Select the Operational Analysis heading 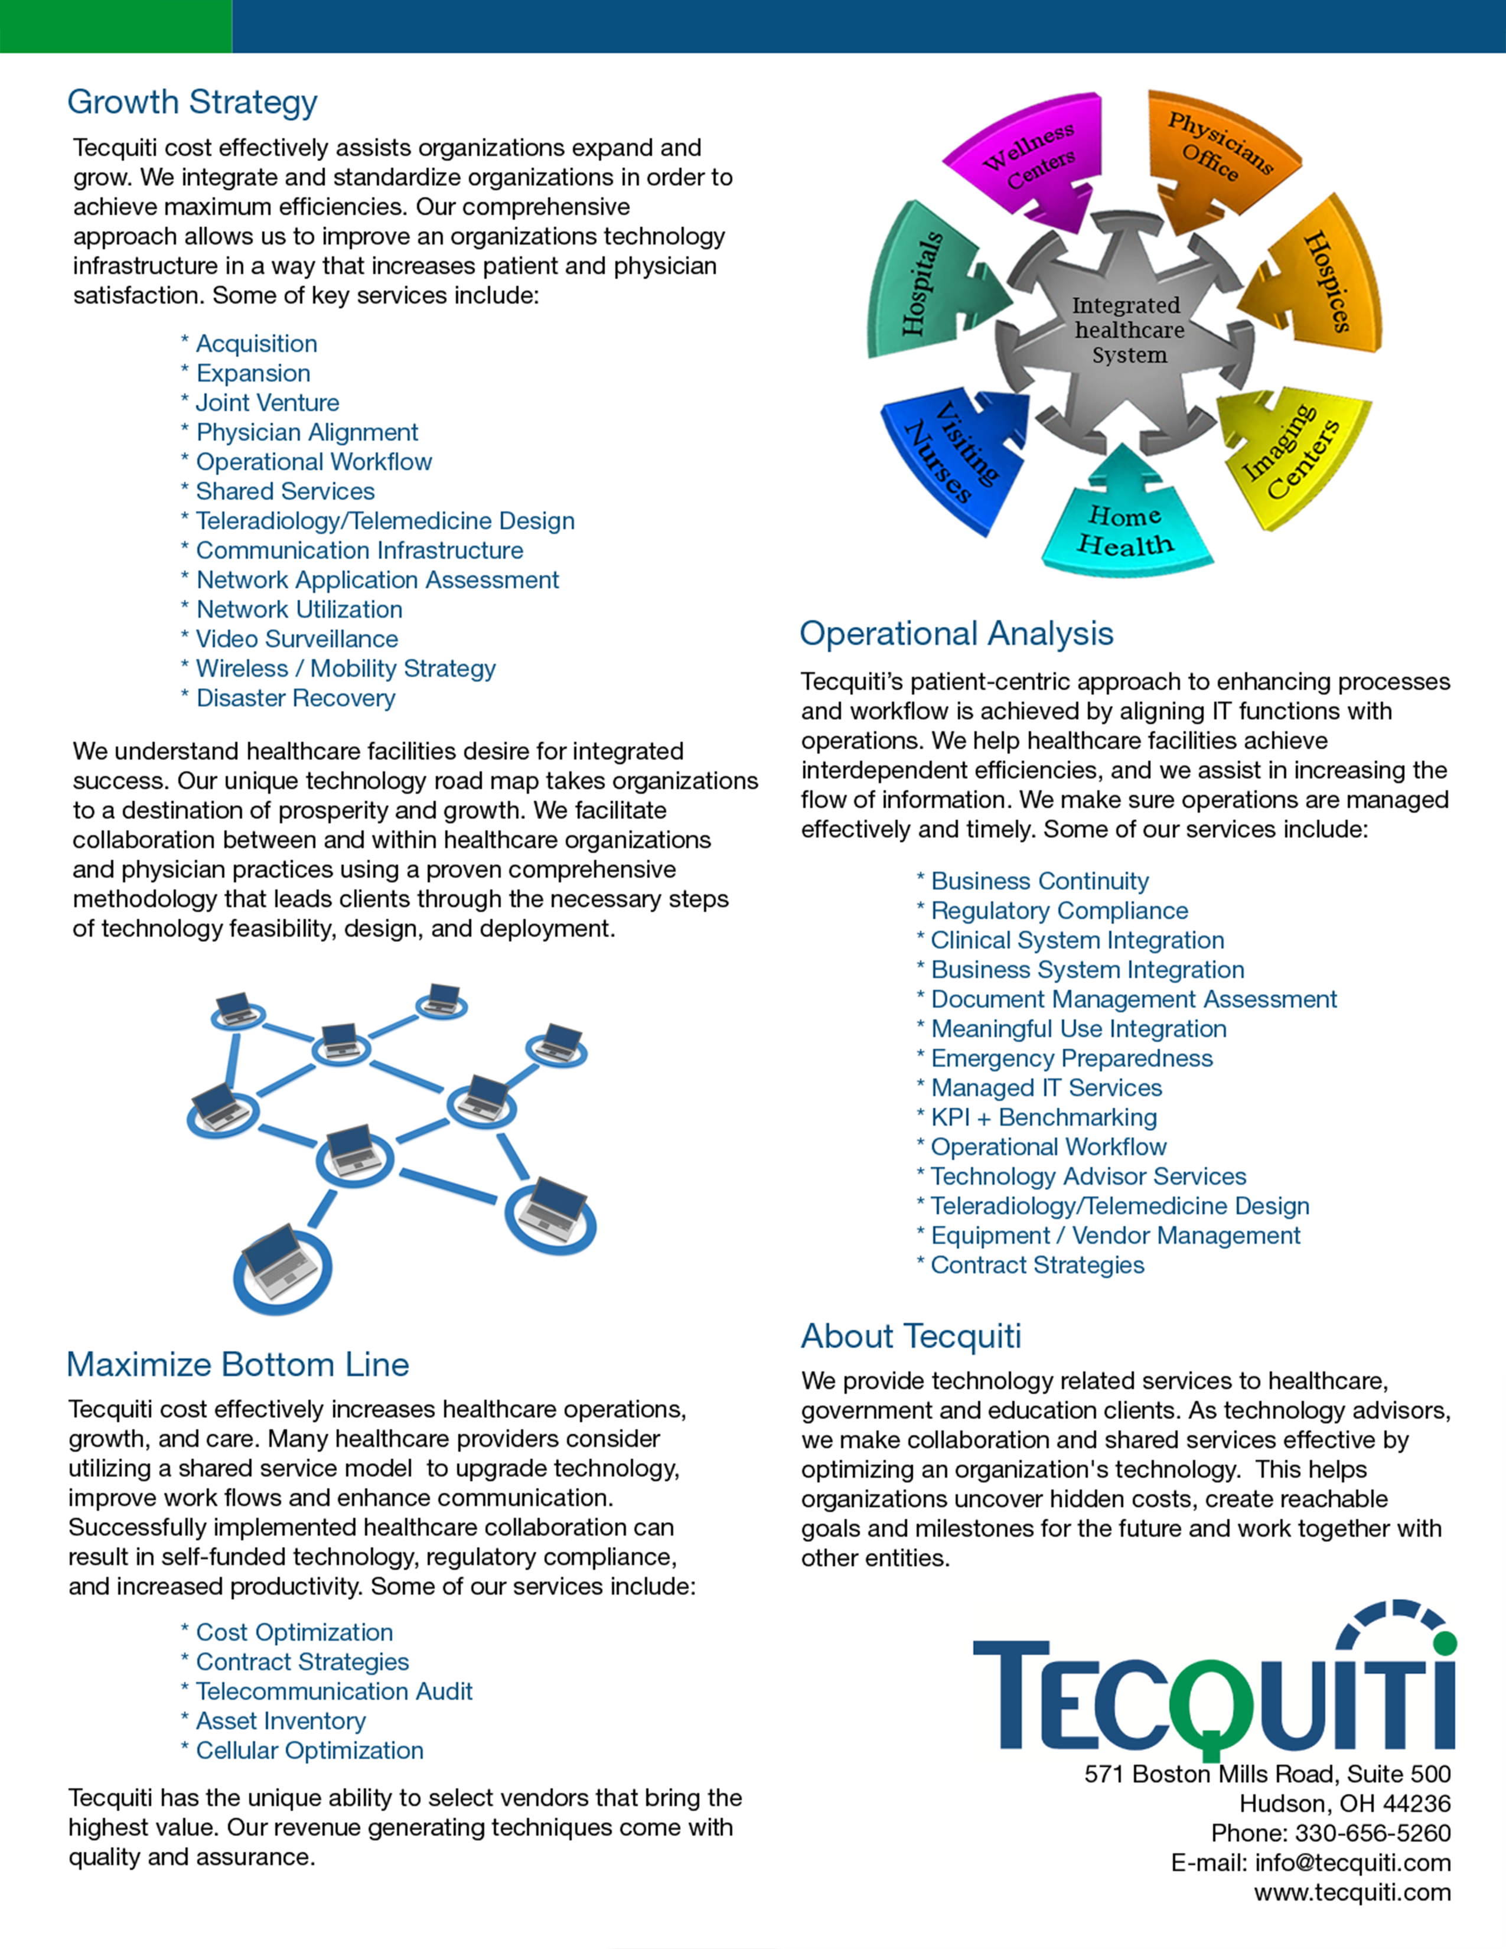pyautogui.click(x=956, y=634)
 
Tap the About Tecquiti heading pyautogui.click(x=910, y=1336)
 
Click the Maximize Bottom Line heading pyautogui.click(x=237, y=1364)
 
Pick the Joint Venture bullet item pyautogui.click(x=267, y=402)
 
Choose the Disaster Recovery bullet pyautogui.click(x=295, y=698)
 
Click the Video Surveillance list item pyautogui.click(x=296, y=639)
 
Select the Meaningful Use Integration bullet pyautogui.click(x=1078, y=1029)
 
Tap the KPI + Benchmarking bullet pyautogui.click(x=1043, y=1117)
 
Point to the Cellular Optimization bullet pyautogui.click(x=309, y=1751)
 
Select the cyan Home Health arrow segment pyautogui.click(x=1126, y=526)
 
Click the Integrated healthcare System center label pyautogui.click(x=1129, y=330)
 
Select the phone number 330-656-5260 pyautogui.click(x=1372, y=1833)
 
